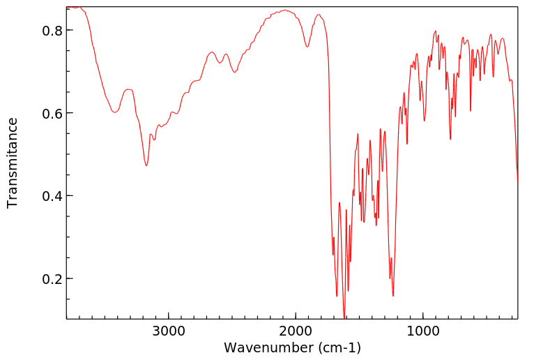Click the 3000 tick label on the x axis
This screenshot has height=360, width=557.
(169, 331)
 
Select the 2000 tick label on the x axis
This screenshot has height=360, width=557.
(296, 331)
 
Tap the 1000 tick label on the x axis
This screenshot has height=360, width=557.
(422, 331)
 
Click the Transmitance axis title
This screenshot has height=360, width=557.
(13, 163)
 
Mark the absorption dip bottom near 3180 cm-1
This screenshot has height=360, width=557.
(146, 165)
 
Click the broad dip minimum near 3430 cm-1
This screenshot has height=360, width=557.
(115, 111)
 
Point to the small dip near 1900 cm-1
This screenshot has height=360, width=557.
(307, 47)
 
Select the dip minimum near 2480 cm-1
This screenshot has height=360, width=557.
(235, 72)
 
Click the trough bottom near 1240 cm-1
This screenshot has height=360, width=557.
(393, 296)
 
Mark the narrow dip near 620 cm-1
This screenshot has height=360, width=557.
(471, 110)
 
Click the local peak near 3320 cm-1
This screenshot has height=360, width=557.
(128, 89)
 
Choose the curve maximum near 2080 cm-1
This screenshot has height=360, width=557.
(285, 10)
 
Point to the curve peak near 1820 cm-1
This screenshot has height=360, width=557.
(319, 14)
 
